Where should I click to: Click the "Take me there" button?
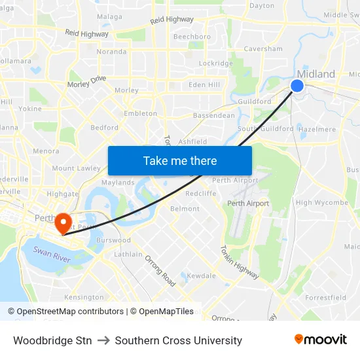pos(179,160)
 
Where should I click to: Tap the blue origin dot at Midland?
pos(297,86)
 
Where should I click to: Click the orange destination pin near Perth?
pos(63,223)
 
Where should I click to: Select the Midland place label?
pos(316,74)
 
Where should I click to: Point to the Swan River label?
pos(51,251)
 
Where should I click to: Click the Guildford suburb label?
pos(255,101)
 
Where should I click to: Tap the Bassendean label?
pos(213,115)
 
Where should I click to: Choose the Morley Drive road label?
pos(86,82)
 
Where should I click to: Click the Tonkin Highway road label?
pos(240,262)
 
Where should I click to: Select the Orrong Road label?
pos(160,270)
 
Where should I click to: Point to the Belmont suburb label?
pos(185,209)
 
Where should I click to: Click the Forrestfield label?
pos(325,297)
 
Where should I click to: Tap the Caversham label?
pos(263,48)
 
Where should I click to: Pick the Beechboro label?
pos(192,37)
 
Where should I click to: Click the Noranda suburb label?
pos(111,51)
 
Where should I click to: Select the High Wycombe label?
pos(322,202)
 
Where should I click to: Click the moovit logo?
pos(321,339)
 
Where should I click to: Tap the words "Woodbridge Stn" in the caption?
pos(52,340)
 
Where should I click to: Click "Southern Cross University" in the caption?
pos(178,340)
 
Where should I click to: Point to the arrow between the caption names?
pos(103,340)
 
